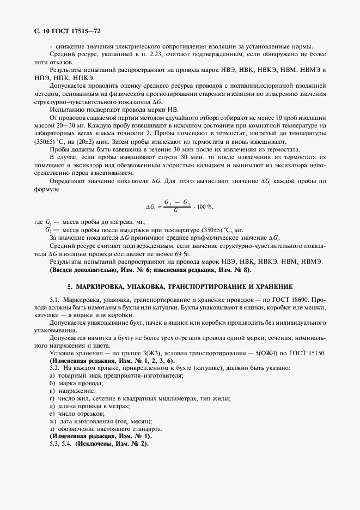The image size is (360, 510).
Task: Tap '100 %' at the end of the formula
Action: (205, 207)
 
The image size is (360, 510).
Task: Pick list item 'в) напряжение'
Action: (72, 391)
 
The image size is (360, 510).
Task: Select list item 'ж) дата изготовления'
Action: (100, 422)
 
